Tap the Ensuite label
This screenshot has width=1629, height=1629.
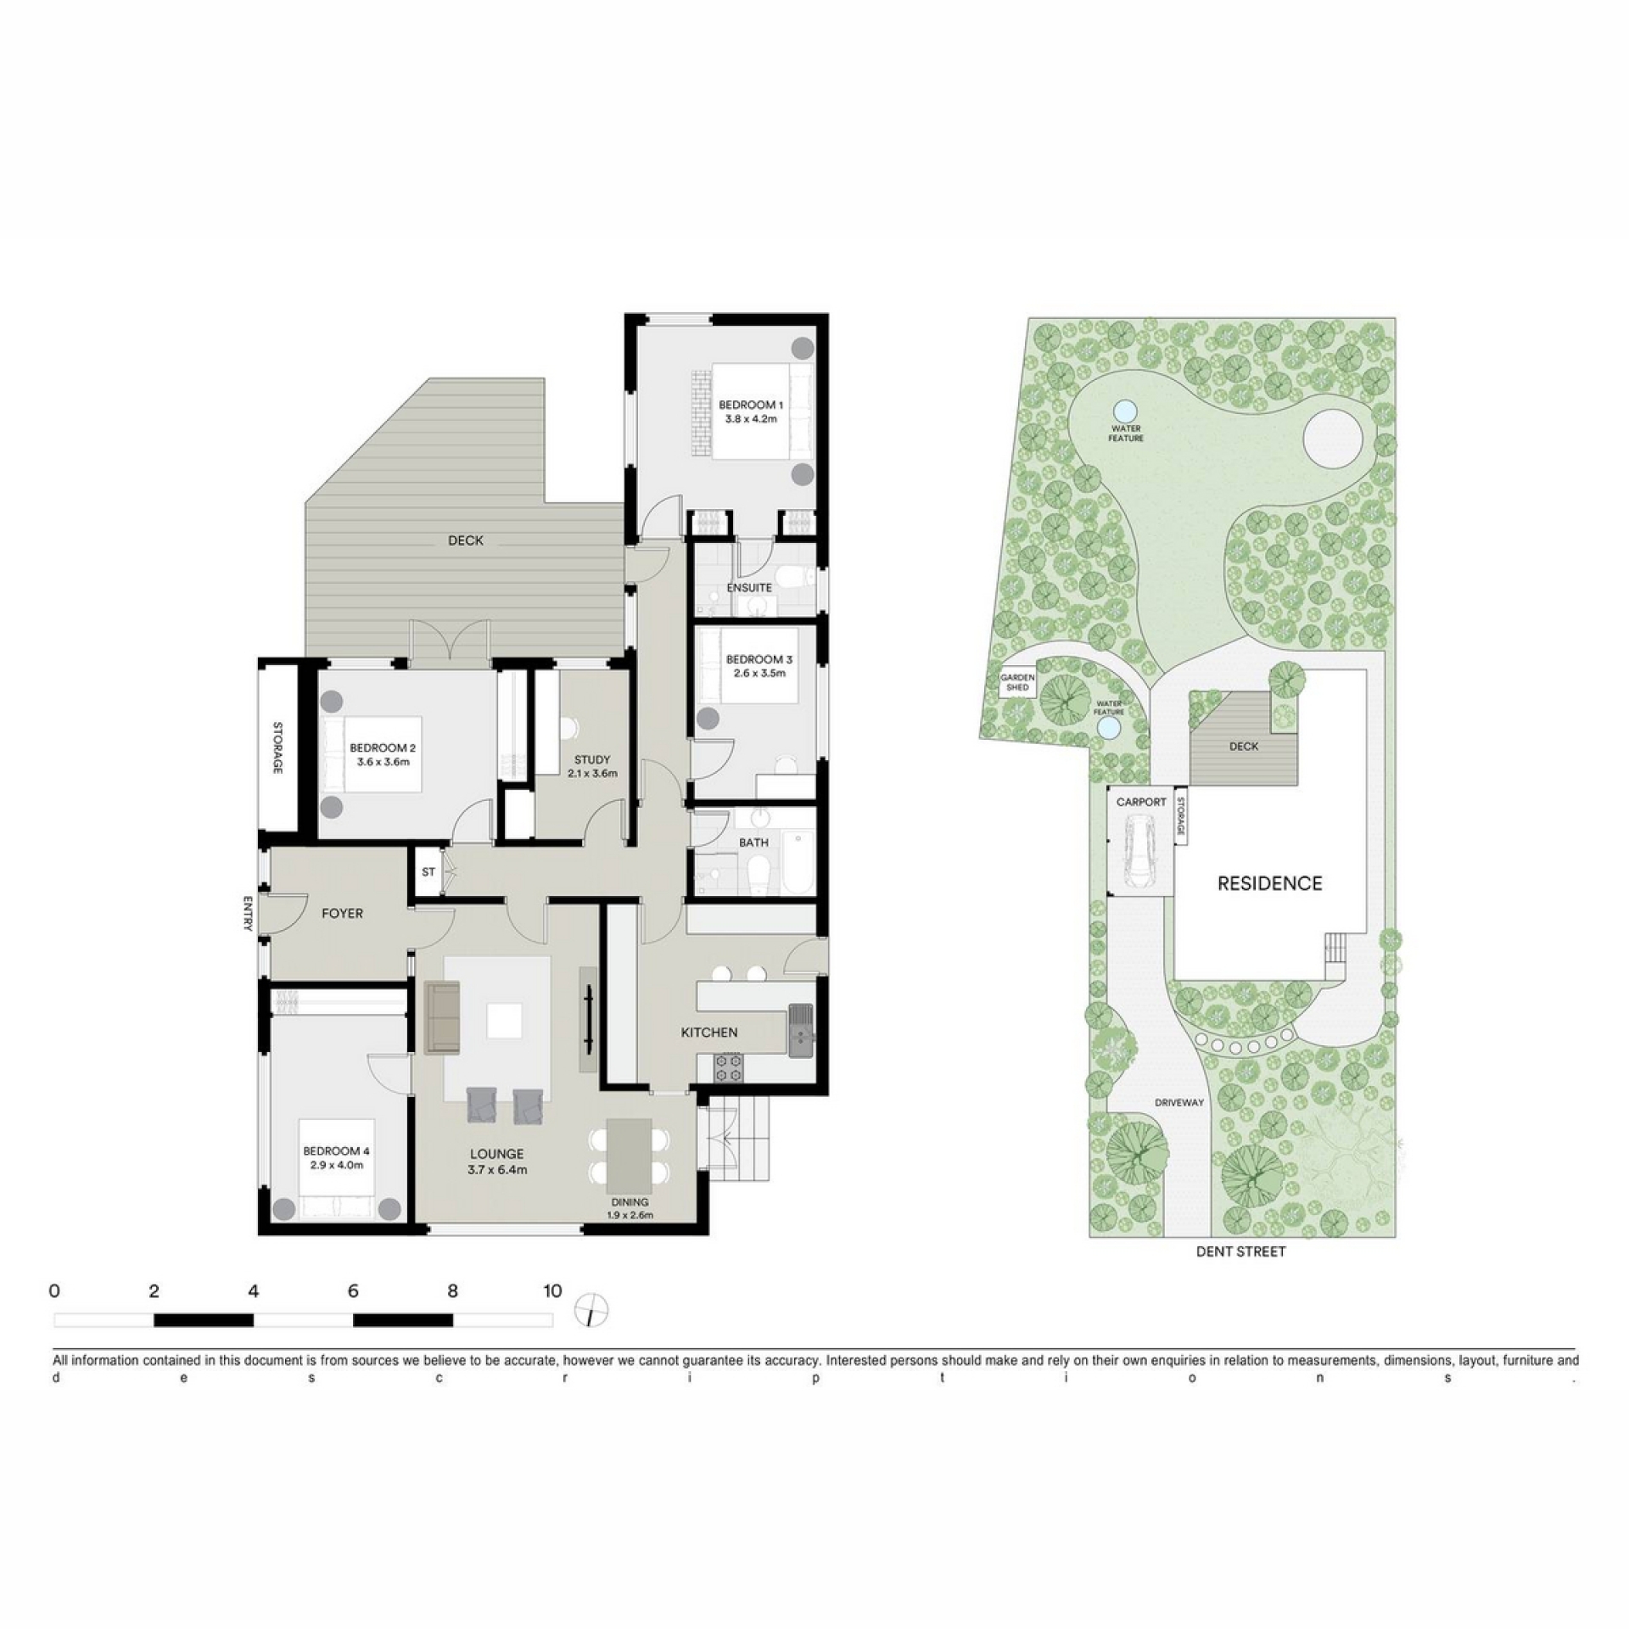(x=749, y=587)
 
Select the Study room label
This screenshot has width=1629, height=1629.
(x=591, y=766)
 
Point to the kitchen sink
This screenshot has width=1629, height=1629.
(x=800, y=1031)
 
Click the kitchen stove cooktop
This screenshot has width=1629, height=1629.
(x=729, y=1067)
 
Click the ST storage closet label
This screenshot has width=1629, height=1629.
(x=428, y=871)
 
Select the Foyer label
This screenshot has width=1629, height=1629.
(x=342, y=913)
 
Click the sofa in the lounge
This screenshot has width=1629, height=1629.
(x=442, y=1017)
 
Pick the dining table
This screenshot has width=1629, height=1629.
(x=630, y=1156)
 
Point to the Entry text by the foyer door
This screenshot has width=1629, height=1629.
(x=248, y=913)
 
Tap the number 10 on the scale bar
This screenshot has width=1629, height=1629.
(x=552, y=1291)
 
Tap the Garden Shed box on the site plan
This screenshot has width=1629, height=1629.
(x=1017, y=683)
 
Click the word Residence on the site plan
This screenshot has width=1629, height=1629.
(x=1269, y=884)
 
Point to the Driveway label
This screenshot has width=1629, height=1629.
(x=1179, y=1102)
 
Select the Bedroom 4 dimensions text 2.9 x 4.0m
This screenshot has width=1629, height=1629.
(x=337, y=1165)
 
